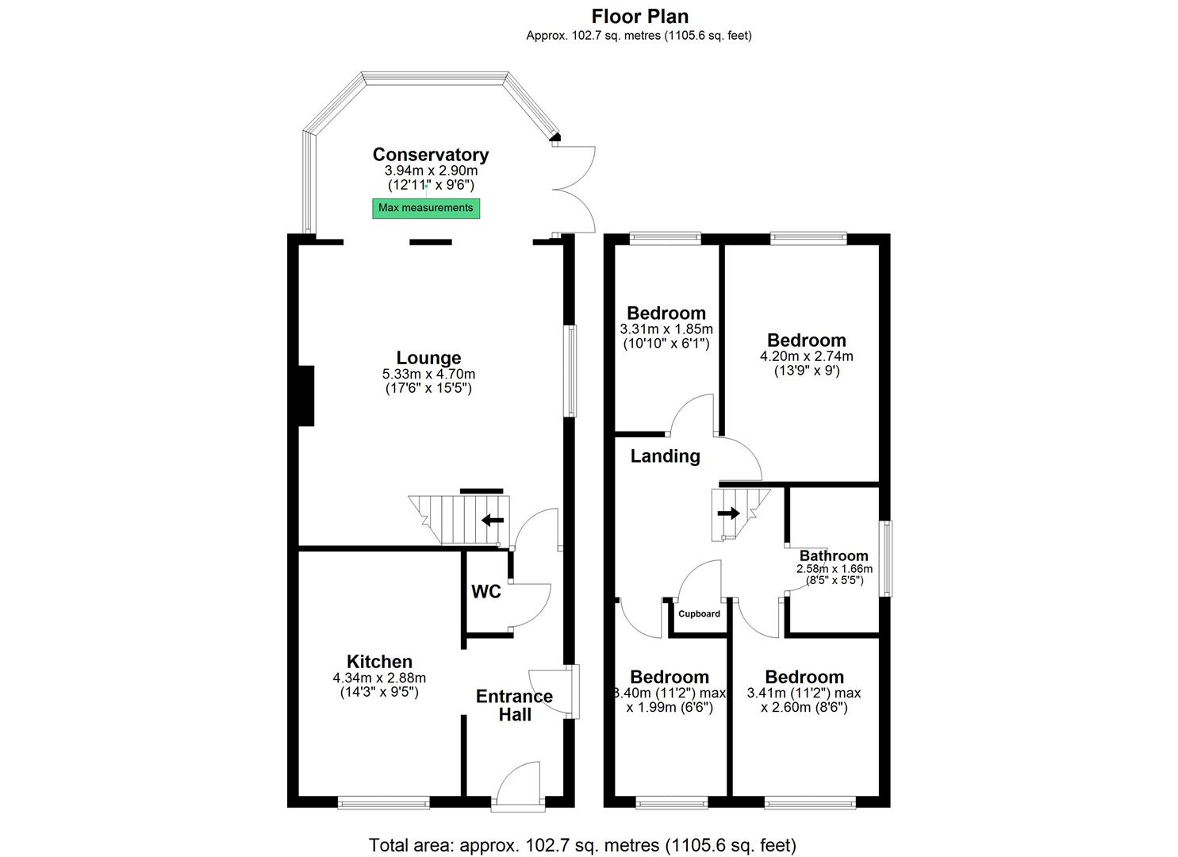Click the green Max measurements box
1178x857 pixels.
pyautogui.click(x=426, y=208)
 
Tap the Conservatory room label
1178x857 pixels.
pyautogui.click(x=431, y=155)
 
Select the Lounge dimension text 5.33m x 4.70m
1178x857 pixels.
pyautogui.click(x=428, y=375)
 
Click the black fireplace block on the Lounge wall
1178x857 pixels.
pyautogui.click(x=306, y=395)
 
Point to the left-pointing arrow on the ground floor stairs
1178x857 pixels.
pyautogui.click(x=493, y=521)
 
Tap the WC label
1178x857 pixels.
pyautogui.click(x=486, y=592)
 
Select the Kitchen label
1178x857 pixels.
pyautogui.click(x=379, y=662)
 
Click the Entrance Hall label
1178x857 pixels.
pyautogui.click(x=514, y=705)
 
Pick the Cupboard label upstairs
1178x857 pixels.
pyautogui.click(x=699, y=614)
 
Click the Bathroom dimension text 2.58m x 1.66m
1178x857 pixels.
pyautogui.click(x=834, y=569)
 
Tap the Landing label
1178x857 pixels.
pyautogui.click(x=665, y=456)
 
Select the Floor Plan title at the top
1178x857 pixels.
pyautogui.click(x=639, y=16)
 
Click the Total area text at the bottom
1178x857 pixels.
pyautogui.click(x=582, y=845)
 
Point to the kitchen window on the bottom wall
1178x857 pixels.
pyautogui.click(x=383, y=803)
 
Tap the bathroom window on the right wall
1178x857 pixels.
pyautogui.click(x=885, y=559)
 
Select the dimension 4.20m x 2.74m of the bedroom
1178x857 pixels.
pyautogui.click(x=806, y=357)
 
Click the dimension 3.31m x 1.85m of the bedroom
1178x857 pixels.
pyautogui.click(x=666, y=329)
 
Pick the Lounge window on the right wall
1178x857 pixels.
pyautogui.click(x=570, y=371)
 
